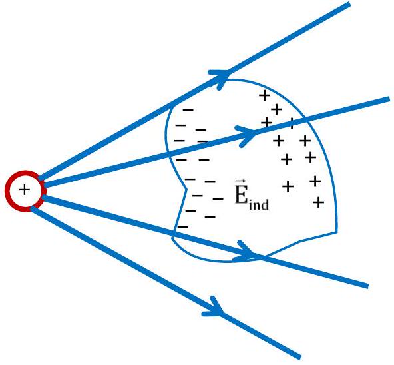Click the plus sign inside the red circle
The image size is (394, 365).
pyautogui.click(x=25, y=190)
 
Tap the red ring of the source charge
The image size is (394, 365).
pyautogui.click(x=7, y=191)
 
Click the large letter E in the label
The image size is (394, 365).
pyautogui.click(x=240, y=196)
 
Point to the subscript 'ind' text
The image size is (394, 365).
pyautogui.click(x=258, y=204)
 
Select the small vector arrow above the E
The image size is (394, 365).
pyautogui.click(x=241, y=182)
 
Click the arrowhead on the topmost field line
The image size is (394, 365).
pyautogui.click(x=220, y=77)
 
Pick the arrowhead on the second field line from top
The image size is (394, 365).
pyautogui.click(x=246, y=135)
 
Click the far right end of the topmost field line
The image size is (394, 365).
pyautogui.click(x=349, y=3)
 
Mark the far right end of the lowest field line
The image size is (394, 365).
pyautogui.click(x=299, y=358)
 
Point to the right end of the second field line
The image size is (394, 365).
pyautogui.click(x=389, y=99)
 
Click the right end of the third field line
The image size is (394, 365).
pyautogui.click(x=367, y=286)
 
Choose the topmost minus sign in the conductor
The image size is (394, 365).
pyautogui.click(x=188, y=110)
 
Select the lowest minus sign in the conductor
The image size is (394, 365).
pyautogui.click(x=182, y=227)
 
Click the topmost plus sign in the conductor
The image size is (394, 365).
pyautogui.click(x=264, y=95)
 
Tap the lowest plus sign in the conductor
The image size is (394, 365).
pyautogui.click(x=319, y=202)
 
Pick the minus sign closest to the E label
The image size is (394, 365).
pyautogui.click(x=218, y=199)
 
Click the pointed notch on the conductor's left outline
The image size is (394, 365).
pyautogui.click(x=186, y=189)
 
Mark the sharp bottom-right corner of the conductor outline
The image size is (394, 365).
pyautogui.click(x=336, y=232)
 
